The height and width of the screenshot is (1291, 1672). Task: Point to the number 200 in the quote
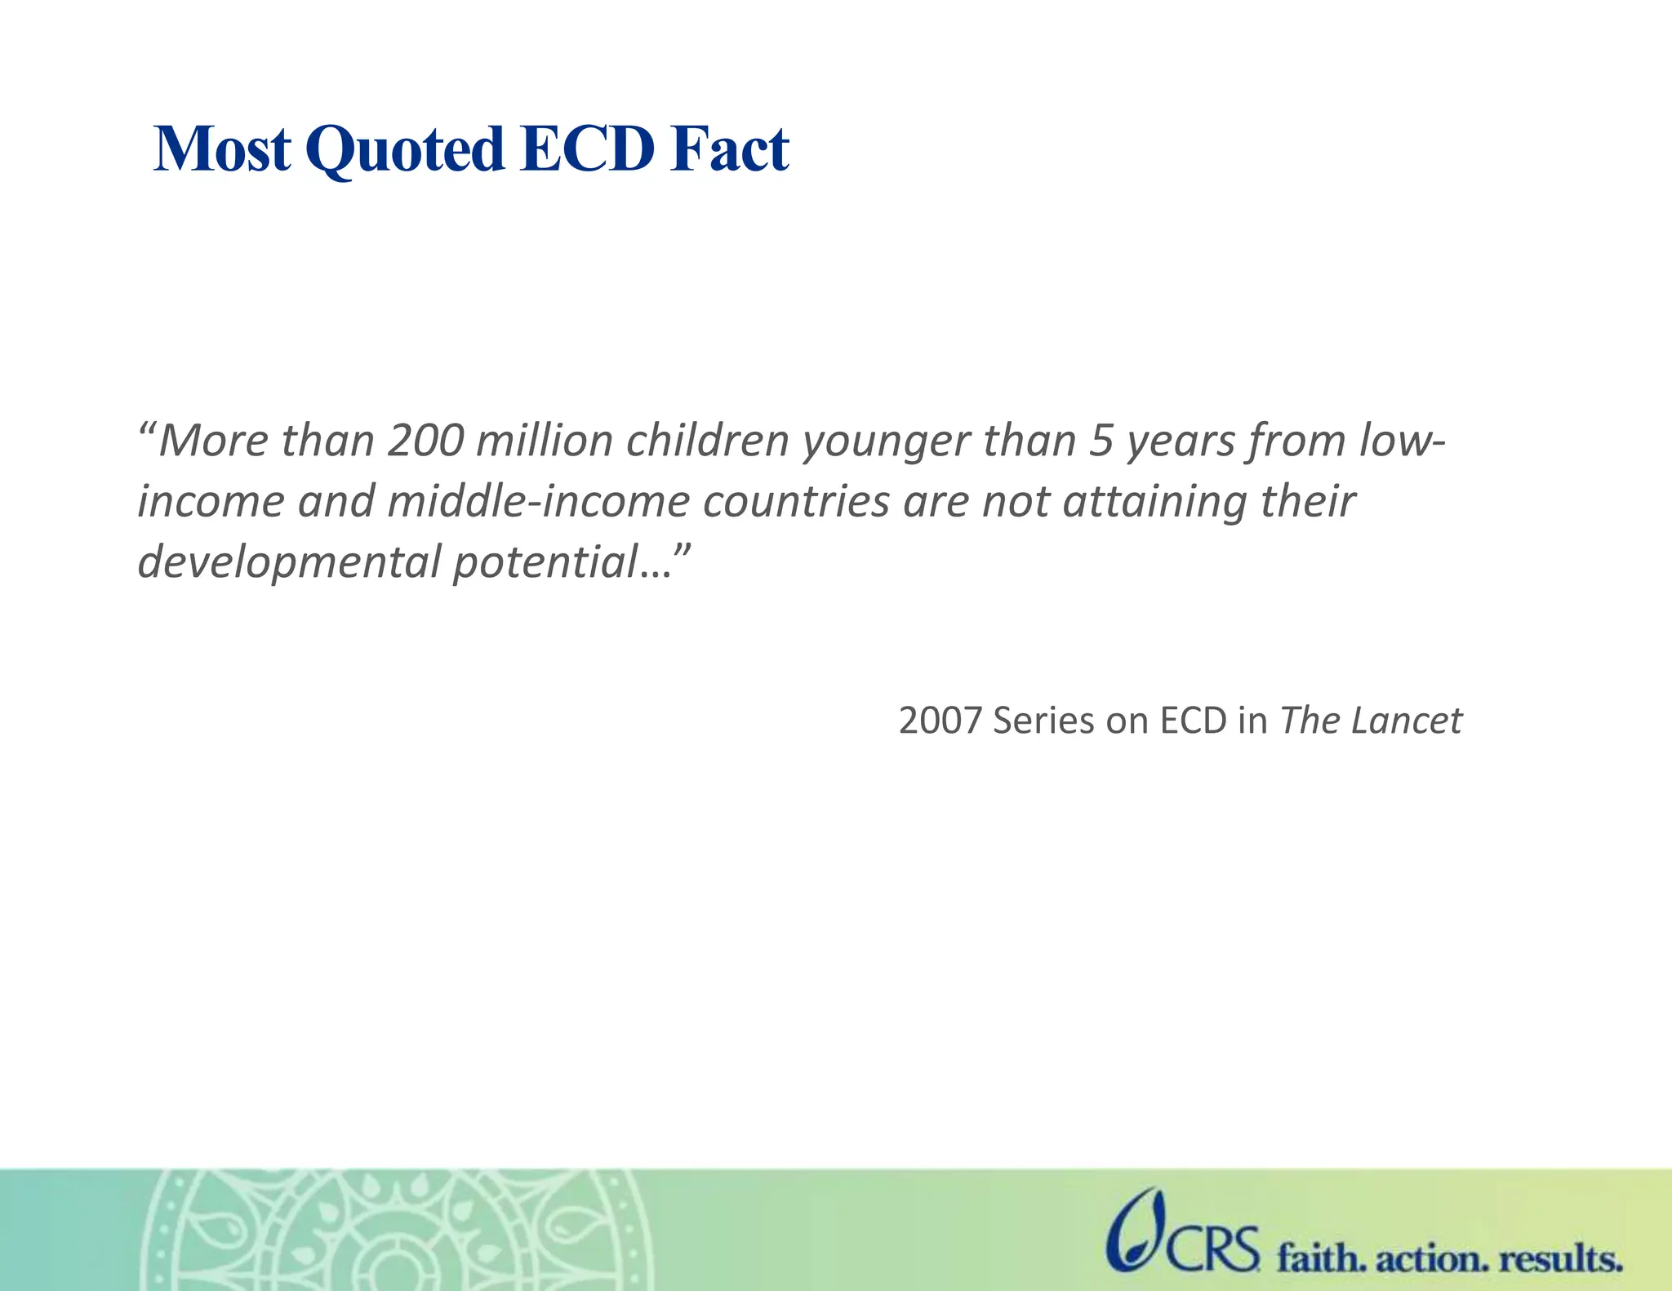pyautogui.click(x=425, y=441)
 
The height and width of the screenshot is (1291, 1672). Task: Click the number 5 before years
pyautogui.click(x=1101, y=441)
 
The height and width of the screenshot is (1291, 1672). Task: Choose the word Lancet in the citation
pyautogui.click(x=1406, y=721)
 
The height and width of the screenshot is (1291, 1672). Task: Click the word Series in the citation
pyautogui.click(x=1043, y=721)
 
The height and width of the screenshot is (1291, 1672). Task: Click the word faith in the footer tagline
pyautogui.click(x=1320, y=1258)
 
